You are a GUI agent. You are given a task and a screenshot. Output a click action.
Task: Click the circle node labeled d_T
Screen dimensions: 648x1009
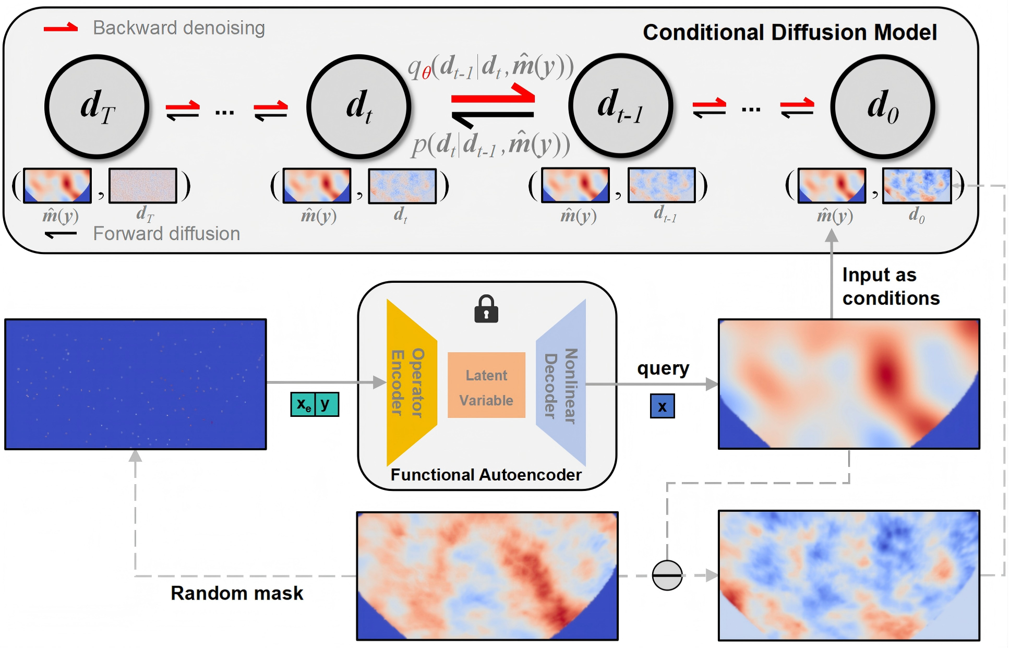(x=97, y=106)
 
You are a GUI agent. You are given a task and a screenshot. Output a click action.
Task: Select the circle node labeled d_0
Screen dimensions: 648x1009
(x=883, y=106)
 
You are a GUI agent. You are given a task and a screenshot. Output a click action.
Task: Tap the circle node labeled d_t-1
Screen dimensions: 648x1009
(x=620, y=106)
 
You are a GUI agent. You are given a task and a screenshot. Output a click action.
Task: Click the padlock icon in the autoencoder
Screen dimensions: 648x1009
(x=486, y=309)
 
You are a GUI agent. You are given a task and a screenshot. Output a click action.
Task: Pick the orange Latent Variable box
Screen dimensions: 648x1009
(x=486, y=385)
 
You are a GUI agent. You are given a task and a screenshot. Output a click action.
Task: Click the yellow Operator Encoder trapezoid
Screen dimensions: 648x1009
(x=410, y=382)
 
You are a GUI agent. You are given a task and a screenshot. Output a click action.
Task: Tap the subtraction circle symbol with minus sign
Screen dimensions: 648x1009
(x=667, y=575)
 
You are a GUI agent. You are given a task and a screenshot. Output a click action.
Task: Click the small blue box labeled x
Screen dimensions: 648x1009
(x=662, y=406)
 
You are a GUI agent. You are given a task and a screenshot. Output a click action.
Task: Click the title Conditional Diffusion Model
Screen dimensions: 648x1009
(x=789, y=32)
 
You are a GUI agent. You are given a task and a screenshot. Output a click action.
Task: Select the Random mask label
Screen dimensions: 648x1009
(x=237, y=593)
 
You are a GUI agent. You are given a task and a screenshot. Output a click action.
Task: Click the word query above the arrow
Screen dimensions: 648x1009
(x=663, y=368)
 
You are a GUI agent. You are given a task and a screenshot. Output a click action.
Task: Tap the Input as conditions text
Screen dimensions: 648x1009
(x=890, y=286)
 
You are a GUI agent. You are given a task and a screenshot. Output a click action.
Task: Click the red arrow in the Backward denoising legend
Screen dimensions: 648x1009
(x=61, y=28)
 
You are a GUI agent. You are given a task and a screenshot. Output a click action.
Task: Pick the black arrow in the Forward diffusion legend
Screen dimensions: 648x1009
(x=61, y=234)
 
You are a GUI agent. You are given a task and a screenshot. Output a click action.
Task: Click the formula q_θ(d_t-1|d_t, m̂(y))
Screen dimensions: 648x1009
(x=490, y=67)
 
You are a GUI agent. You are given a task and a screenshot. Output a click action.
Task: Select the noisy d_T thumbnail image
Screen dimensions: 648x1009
(x=143, y=185)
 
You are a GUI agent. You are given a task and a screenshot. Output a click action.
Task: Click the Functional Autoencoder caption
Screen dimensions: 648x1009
(x=486, y=475)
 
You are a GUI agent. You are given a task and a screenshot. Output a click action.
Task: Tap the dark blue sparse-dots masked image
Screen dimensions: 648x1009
(x=136, y=384)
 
